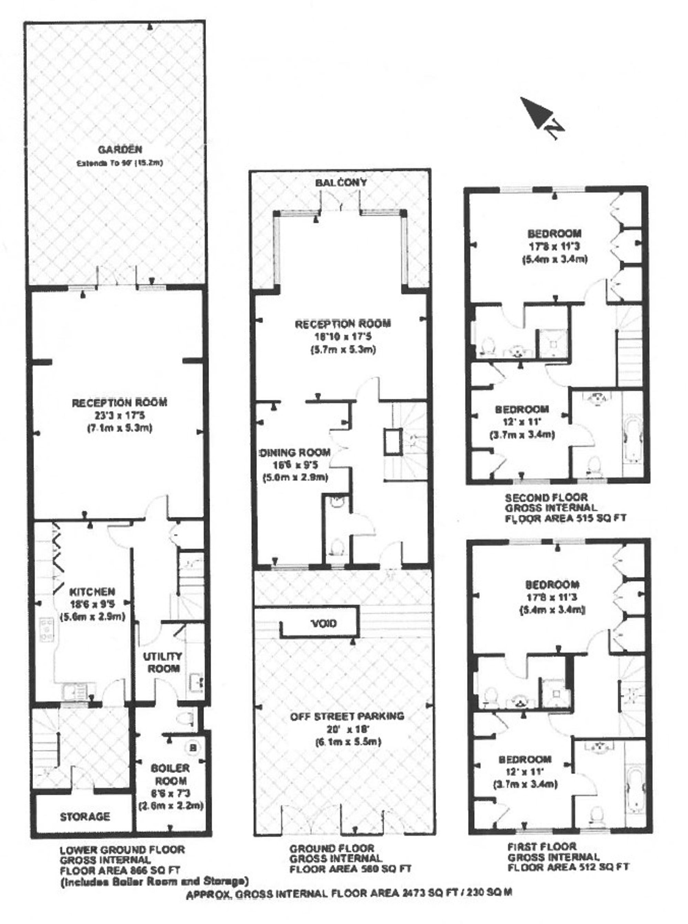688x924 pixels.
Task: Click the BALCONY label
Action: [x=341, y=182]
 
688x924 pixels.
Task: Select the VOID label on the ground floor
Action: [x=324, y=623]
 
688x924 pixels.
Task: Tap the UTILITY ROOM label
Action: [x=162, y=662]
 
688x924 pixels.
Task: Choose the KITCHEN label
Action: [x=92, y=592]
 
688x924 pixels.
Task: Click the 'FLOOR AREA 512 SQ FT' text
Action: [x=568, y=867]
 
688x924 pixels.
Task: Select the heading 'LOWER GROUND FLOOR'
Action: [x=122, y=849]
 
